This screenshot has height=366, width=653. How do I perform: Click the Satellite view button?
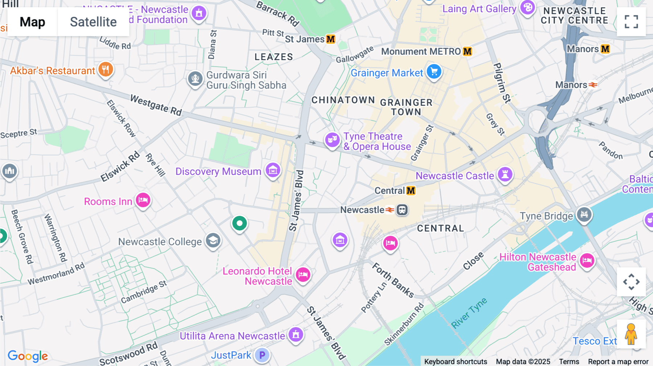93,22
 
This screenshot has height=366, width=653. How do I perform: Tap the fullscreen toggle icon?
631,22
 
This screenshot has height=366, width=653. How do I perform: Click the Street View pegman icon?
631,334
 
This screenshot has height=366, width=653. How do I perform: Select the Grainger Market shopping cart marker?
434,72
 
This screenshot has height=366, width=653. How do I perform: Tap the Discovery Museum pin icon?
273,170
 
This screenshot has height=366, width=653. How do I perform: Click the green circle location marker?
239,224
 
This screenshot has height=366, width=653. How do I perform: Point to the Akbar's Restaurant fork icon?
106,69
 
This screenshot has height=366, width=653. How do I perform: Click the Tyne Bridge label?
546,216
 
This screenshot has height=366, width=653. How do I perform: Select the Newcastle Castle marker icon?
505,174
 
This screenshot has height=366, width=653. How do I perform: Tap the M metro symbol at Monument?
467,51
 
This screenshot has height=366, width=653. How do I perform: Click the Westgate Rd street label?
156,105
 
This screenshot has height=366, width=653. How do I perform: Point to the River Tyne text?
469,313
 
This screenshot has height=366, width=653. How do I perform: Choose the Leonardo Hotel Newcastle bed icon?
303,275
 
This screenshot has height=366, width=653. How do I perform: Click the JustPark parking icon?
262,355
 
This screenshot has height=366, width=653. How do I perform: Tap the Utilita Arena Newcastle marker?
296,334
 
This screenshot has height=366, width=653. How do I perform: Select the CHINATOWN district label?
343,100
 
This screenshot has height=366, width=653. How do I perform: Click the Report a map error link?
618,362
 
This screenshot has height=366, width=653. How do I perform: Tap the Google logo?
28,356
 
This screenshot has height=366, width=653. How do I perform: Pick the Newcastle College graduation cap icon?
213,240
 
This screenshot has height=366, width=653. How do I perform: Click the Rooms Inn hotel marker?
143,200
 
